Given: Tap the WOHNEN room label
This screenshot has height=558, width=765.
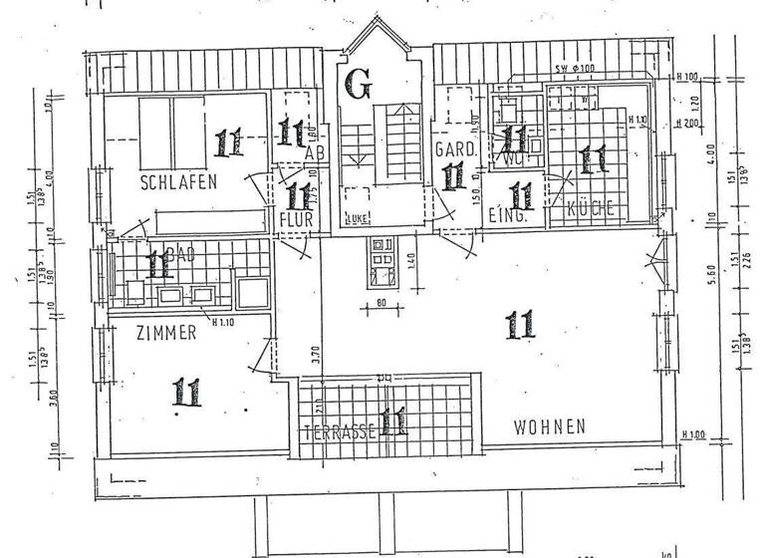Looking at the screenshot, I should click(x=549, y=426).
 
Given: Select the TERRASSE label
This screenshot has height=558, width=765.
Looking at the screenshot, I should click(x=340, y=431).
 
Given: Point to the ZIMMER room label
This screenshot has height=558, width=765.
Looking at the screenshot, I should click(x=166, y=334).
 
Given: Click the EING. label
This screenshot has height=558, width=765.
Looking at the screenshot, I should click(x=507, y=213).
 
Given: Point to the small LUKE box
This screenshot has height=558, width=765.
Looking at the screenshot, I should click(x=355, y=217).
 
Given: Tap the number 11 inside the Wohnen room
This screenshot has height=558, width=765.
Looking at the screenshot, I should click(x=520, y=324).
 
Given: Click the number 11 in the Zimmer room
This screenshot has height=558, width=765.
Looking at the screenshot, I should click(x=187, y=391).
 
